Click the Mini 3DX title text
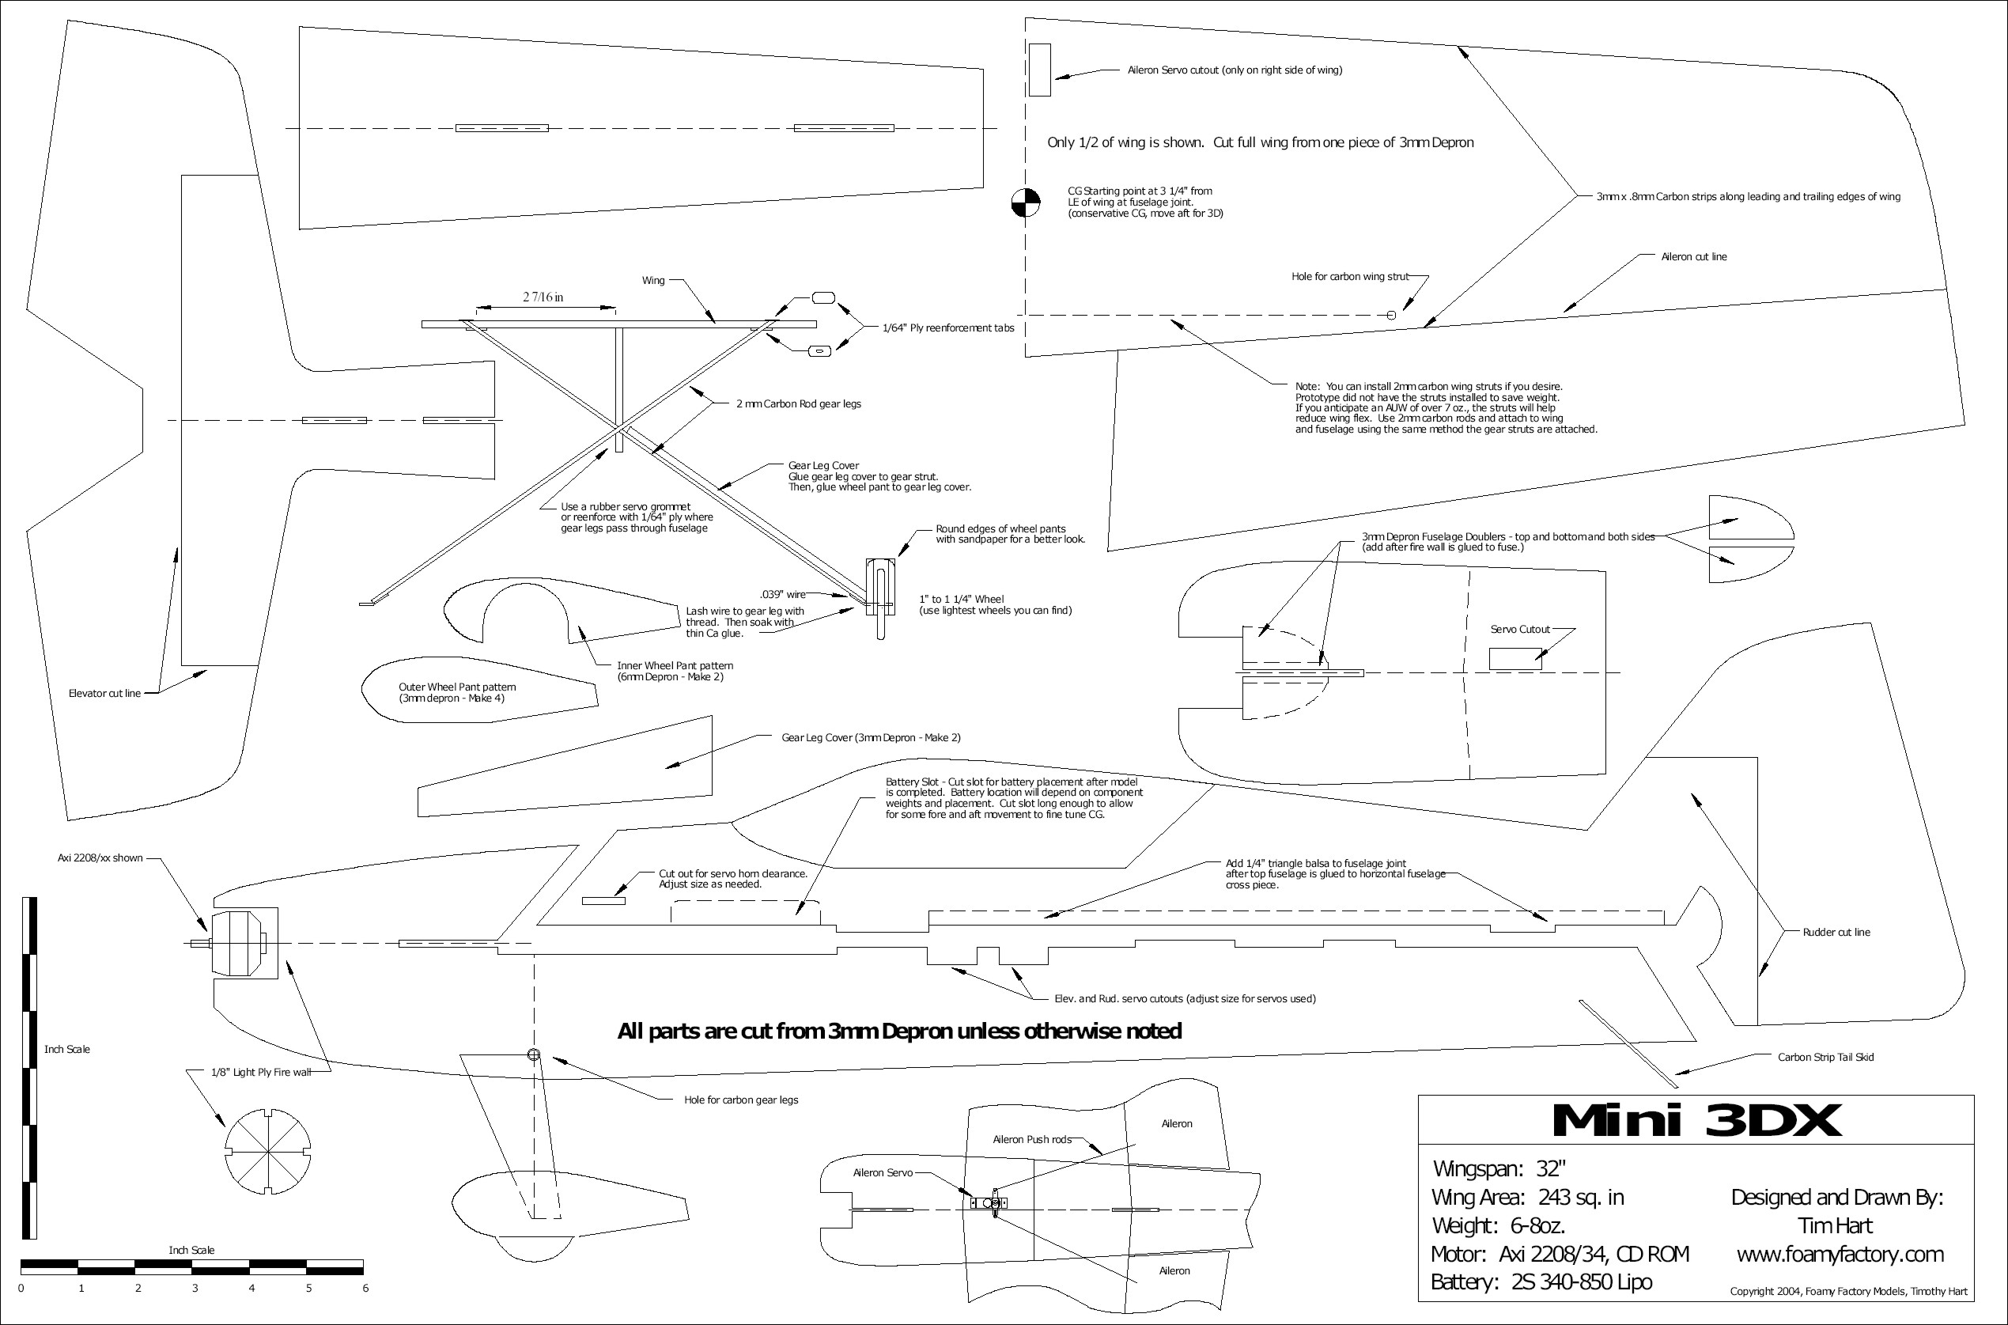pos(1696,1120)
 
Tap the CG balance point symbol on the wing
pos(1026,203)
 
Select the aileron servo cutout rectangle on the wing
pos(1040,70)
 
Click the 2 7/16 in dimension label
pos(543,297)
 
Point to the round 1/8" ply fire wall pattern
pos(268,1152)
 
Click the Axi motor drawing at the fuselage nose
pos(239,943)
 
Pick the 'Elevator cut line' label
pos(104,694)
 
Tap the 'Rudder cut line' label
pos(1836,932)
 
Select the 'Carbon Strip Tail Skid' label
pos(1825,1057)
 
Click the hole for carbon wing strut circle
pos(1391,315)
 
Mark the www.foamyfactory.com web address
pos(1840,1254)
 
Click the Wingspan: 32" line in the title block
pos(1499,1168)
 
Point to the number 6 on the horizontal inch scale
pos(365,1288)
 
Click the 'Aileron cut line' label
pos(1693,257)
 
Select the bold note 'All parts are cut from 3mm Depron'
pos(899,1031)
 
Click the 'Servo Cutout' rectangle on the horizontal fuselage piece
pos(1515,659)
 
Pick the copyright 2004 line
pos(1847,1291)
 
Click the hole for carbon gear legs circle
pos(533,1054)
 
